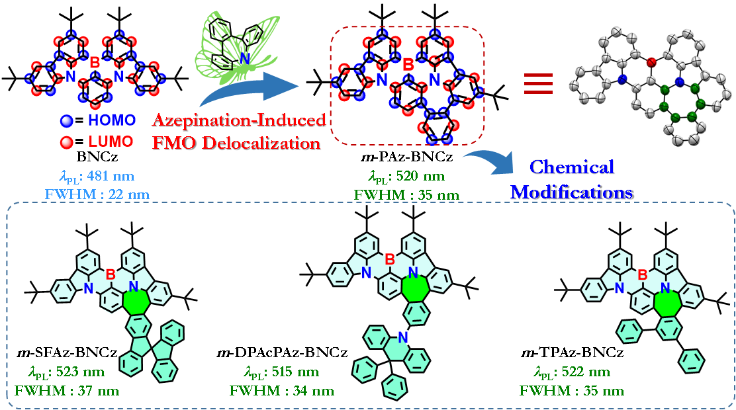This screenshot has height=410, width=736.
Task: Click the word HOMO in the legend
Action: [112, 120]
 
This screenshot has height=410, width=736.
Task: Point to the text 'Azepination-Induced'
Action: [240, 120]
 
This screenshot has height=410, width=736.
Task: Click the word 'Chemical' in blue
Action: [573, 167]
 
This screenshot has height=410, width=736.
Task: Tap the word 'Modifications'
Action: [572, 192]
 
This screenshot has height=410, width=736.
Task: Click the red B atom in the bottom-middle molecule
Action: [390, 260]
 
